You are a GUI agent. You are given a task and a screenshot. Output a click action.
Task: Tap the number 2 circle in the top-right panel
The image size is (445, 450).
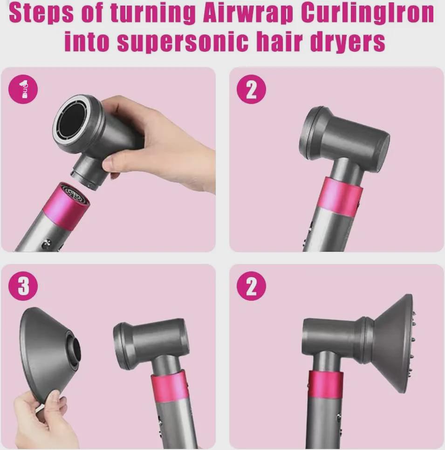coord(251,90)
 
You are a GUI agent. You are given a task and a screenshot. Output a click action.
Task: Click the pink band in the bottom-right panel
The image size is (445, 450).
coord(326,383)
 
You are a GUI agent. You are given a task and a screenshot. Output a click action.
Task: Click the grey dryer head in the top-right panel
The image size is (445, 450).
coord(345,135)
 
